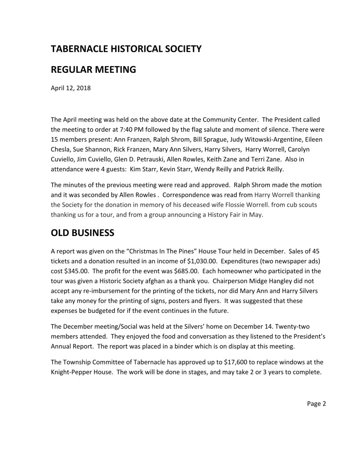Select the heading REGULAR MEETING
(x=93, y=70)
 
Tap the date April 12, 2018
(x=71, y=88)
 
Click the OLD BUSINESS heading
(x=82, y=233)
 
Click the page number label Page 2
(x=317, y=403)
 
